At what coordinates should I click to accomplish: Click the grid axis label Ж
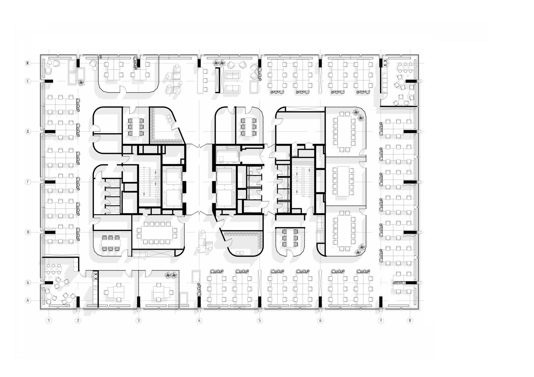pos(28,64)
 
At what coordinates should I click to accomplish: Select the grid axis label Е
pos(28,81)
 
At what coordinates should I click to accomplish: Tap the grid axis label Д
pos(28,131)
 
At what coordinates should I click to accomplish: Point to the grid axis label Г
pos(28,182)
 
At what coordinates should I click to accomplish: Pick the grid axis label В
pos(28,232)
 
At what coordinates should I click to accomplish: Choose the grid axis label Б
pos(28,283)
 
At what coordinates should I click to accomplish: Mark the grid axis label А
pos(28,300)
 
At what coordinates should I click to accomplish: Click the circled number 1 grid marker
pos(49,321)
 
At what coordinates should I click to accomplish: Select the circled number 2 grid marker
pos(78,321)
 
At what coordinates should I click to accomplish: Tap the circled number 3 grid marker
pos(139,321)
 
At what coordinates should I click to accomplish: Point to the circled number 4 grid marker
pos(199,321)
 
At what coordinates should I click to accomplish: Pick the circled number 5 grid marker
pos(259,321)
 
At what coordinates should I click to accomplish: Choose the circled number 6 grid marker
pos(320,321)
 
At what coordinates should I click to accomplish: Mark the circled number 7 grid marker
pos(380,321)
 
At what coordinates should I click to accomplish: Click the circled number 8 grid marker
pos(409,321)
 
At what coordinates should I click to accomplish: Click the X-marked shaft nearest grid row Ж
pos(385,63)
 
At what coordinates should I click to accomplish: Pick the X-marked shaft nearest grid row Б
pos(96,276)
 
